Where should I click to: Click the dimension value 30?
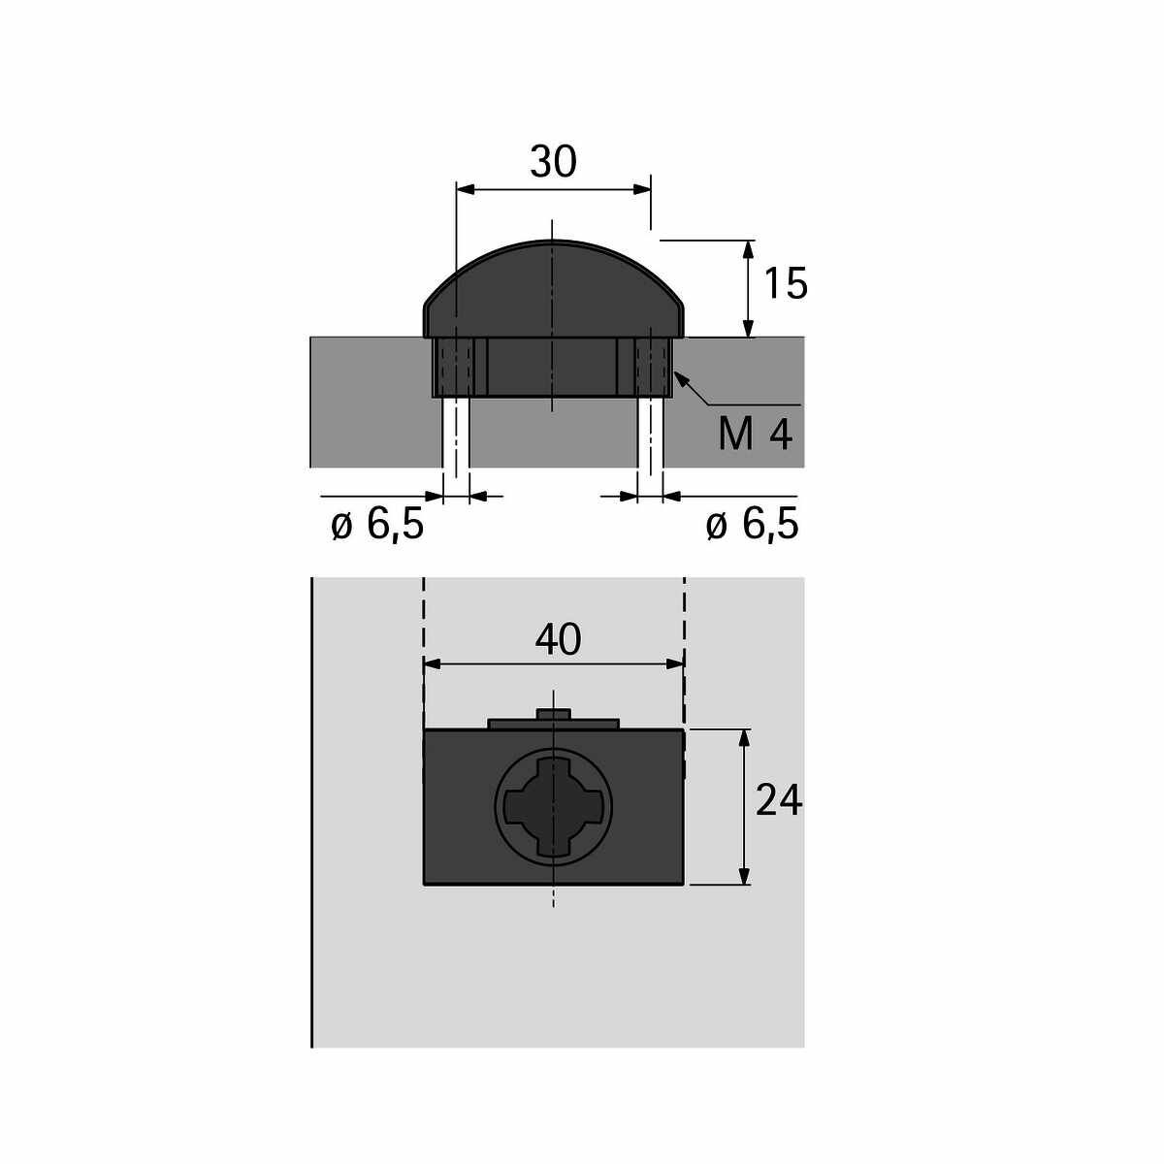pyautogui.click(x=553, y=162)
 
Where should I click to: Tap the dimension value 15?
pyautogui.click(x=786, y=283)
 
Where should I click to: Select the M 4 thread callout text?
pyautogui.click(x=755, y=435)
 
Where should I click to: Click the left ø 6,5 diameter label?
pyautogui.click(x=377, y=524)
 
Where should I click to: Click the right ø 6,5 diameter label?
pyautogui.click(x=752, y=524)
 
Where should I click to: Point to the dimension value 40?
pyautogui.click(x=558, y=639)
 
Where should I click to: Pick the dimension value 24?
pyautogui.click(x=779, y=800)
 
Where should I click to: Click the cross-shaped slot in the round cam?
pyautogui.click(x=553, y=806)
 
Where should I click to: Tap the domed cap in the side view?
pyautogui.click(x=553, y=289)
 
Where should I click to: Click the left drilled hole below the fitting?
pyautogui.click(x=456, y=433)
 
